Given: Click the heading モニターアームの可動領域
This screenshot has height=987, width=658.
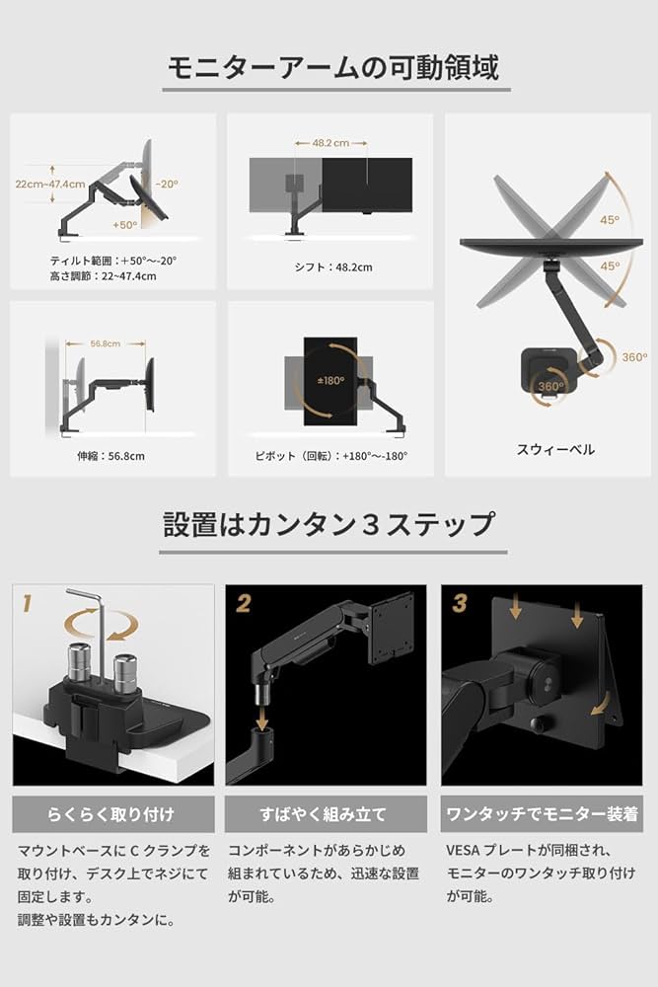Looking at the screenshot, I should pos(331,67).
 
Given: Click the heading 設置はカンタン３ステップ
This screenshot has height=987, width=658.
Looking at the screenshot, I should pos(329,523).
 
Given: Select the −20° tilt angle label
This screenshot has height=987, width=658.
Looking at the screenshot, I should pos(165,184).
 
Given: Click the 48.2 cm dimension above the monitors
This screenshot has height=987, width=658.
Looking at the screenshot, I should pos(330,142).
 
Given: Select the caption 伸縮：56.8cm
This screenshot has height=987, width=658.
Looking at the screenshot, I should pos(110,455).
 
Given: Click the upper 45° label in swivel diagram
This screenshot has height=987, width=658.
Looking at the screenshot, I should pos(611,221).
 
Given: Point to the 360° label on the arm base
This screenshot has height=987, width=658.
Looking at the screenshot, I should pos(634,357).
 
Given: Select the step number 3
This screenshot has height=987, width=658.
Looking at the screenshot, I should pos(460,601).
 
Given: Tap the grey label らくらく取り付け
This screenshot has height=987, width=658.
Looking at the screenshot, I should pos(112,814).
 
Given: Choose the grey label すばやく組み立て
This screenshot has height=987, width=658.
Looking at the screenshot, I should pos(327,814).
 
